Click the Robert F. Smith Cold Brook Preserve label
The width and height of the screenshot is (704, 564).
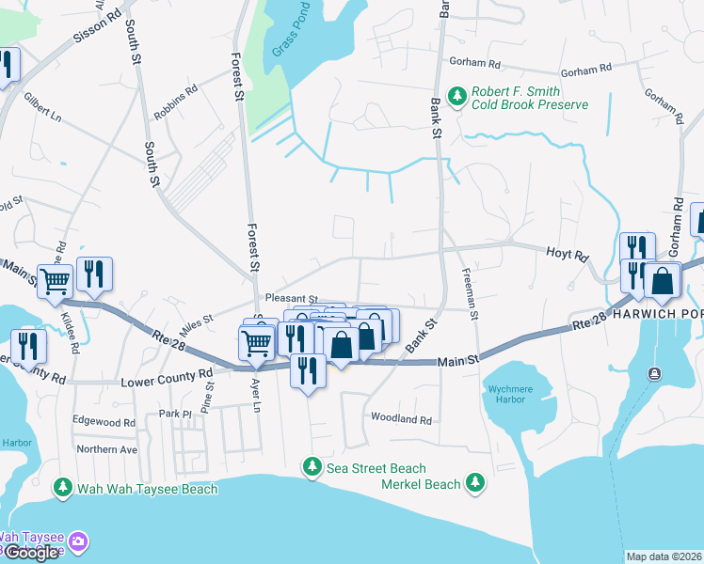point(529,98)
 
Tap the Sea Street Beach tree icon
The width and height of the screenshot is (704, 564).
point(312,467)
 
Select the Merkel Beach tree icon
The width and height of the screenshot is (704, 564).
point(476,483)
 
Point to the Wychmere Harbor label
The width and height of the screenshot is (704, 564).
point(512,395)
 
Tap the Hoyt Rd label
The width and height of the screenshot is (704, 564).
point(568,255)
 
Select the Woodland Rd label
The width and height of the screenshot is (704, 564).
point(401,419)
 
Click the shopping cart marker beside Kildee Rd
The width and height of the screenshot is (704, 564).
point(56,279)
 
